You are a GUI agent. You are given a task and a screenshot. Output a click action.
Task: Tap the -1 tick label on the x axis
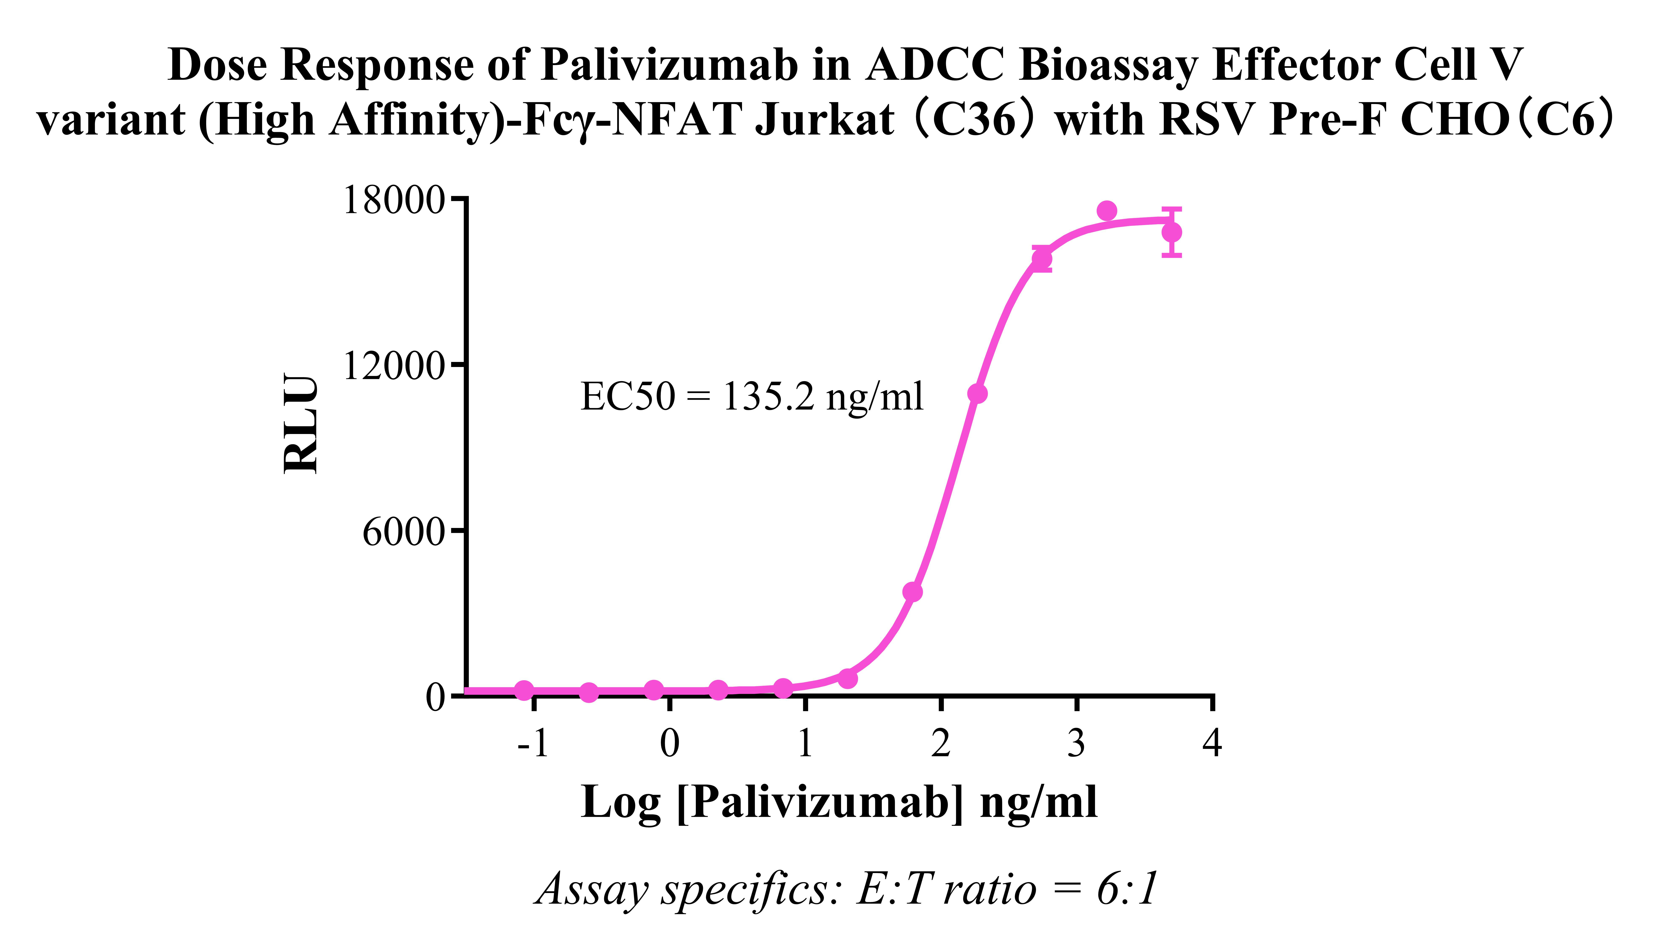click(532, 743)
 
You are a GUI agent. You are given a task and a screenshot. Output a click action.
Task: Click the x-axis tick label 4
click(1212, 743)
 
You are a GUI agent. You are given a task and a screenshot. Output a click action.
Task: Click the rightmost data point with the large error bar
click(1172, 233)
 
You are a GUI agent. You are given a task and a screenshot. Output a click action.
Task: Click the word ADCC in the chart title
click(934, 65)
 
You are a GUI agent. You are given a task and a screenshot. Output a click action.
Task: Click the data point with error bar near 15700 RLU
click(1042, 259)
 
